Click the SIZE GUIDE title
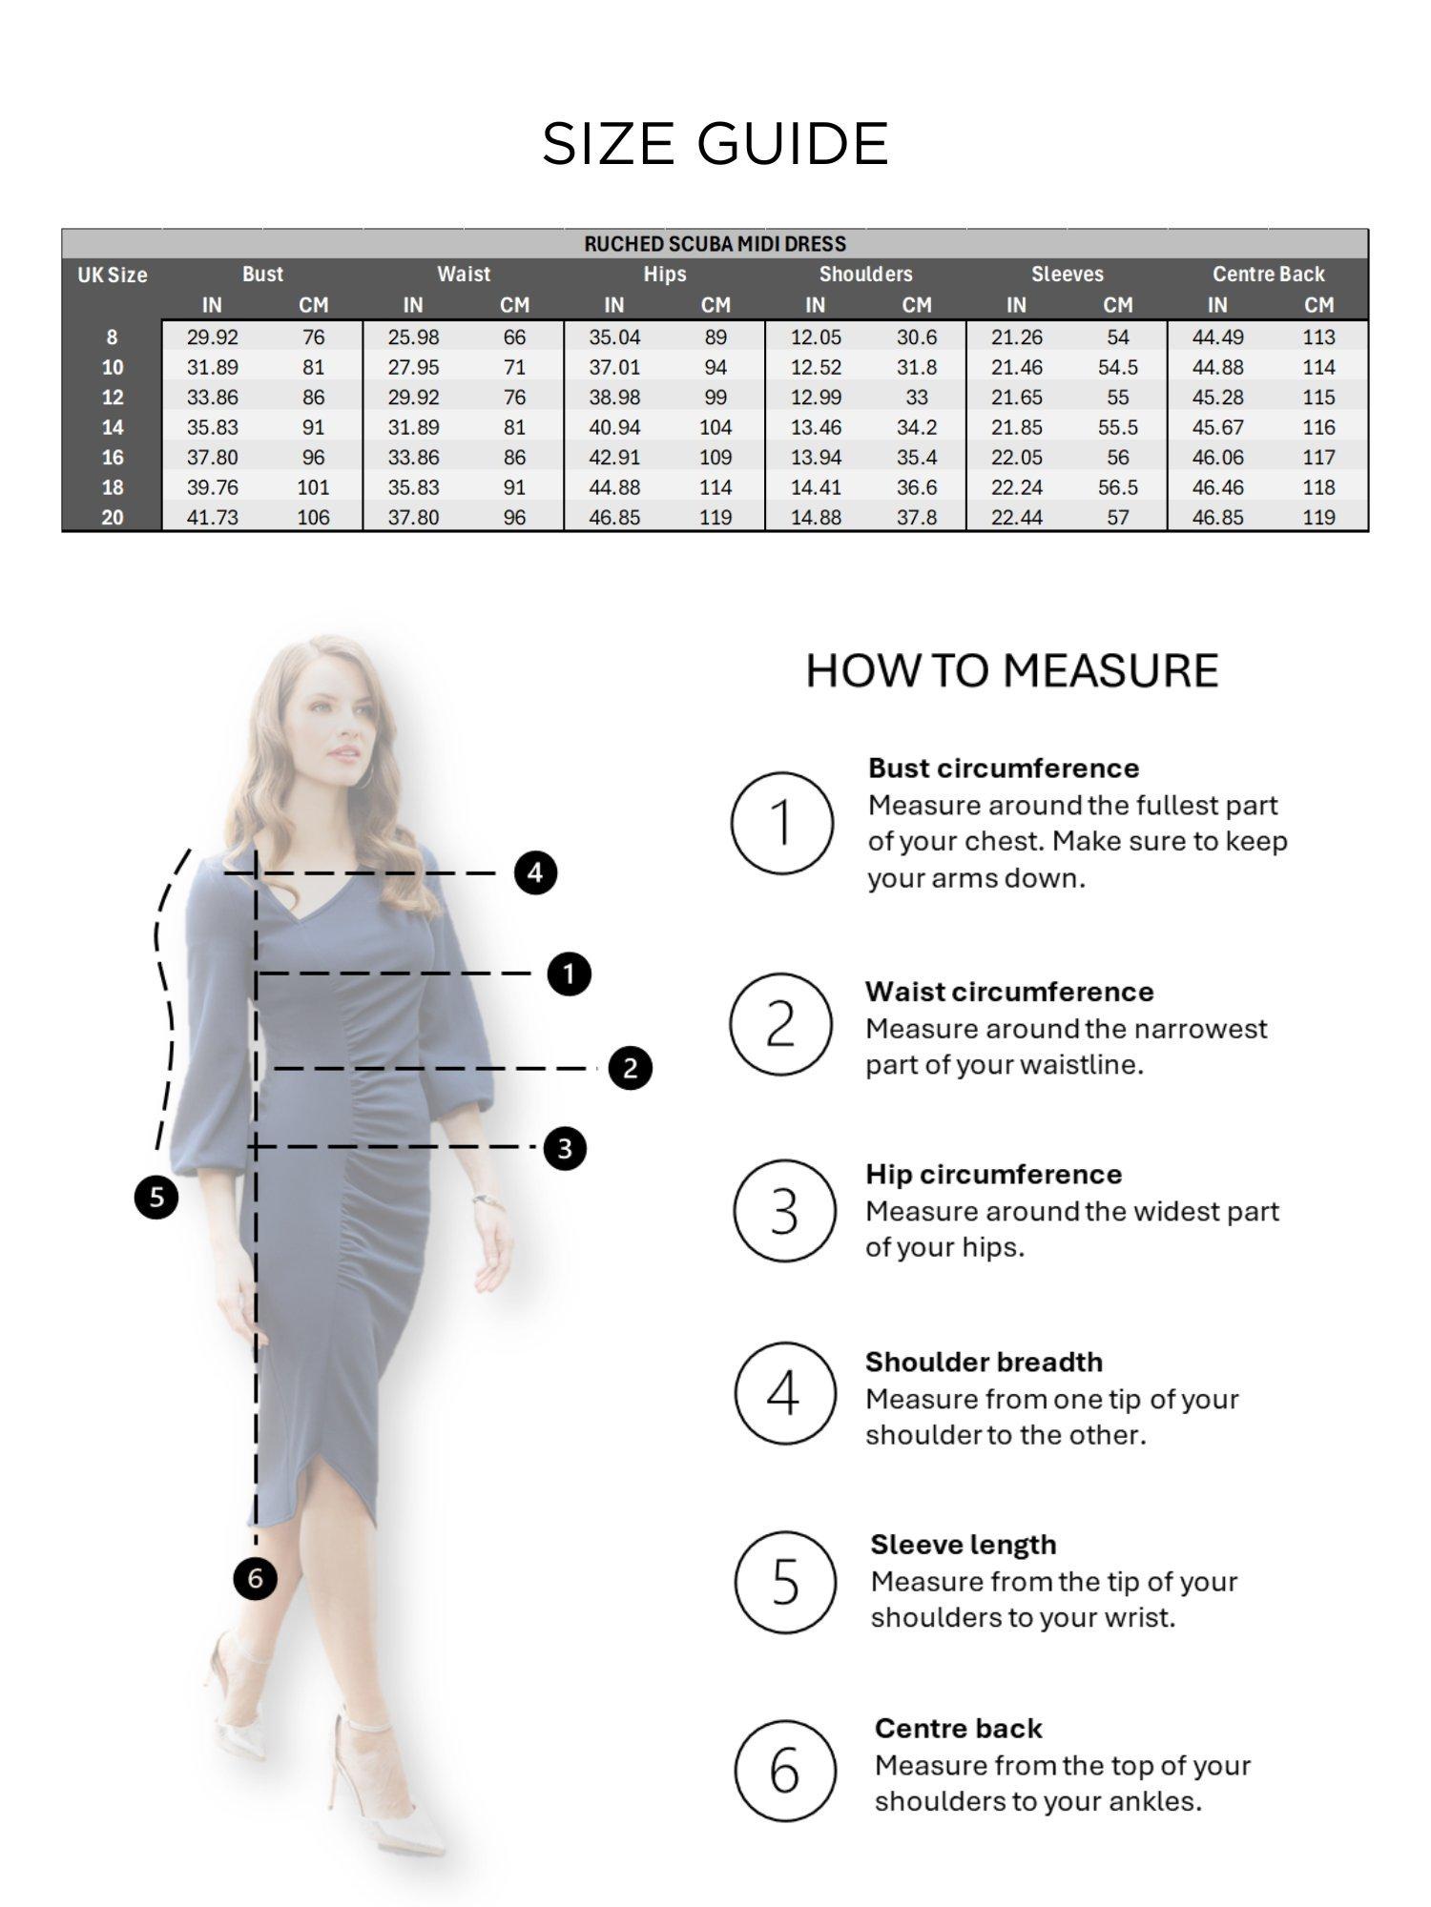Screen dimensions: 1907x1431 point(715,144)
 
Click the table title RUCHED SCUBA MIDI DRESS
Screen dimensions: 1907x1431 point(715,244)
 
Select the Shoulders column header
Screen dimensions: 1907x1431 point(865,275)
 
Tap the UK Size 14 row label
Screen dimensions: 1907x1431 point(113,427)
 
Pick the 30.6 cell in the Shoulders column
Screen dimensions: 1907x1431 point(916,338)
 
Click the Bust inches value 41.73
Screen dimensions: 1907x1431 point(212,518)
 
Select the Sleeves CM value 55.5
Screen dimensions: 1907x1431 point(1117,427)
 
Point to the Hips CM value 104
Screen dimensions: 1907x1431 point(715,427)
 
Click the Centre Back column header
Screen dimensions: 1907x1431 point(1268,275)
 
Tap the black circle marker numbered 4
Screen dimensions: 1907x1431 point(535,872)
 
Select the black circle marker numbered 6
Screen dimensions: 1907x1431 point(255,1578)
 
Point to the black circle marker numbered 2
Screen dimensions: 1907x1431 point(630,1068)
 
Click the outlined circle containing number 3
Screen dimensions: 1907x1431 point(784,1211)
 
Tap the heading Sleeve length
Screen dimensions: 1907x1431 point(963,1545)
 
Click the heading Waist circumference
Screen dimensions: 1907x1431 point(1009,992)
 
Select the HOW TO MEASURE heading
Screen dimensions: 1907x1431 point(1011,670)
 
